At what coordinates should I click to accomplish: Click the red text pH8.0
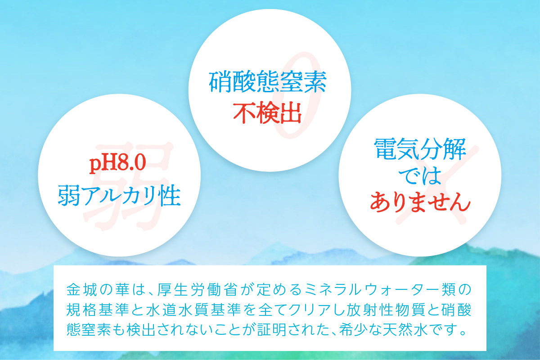click(118, 164)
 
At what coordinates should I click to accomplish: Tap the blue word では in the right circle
click(420, 176)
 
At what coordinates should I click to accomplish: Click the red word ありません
click(420, 203)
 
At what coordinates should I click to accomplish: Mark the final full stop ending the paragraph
click(460, 334)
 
